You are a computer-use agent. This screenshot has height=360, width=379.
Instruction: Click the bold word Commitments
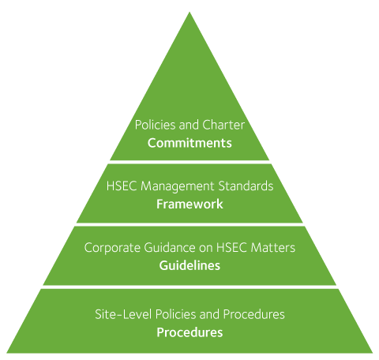coord(189,143)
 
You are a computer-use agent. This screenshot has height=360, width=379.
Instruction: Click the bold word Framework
coord(189,204)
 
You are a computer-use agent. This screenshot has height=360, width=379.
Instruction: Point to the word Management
coord(177,186)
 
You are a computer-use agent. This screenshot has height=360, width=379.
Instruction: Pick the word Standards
coord(246,186)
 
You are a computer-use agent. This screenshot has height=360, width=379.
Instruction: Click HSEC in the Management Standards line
coord(122,186)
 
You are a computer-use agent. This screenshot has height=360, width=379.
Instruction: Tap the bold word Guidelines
coord(189,265)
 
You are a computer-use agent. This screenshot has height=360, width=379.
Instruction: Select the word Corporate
coord(112,248)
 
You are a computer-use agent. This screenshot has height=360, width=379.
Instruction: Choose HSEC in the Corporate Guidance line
coord(231,248)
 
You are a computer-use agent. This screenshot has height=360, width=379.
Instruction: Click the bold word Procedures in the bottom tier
coord(189,332)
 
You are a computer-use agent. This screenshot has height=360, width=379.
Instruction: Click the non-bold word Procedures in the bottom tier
coord(254,314)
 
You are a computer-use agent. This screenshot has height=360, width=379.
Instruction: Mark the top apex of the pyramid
coord(189,12)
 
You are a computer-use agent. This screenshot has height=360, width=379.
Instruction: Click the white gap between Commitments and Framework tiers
coord(189,162)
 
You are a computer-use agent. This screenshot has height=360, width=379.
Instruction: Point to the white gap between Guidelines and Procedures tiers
coord(189,287)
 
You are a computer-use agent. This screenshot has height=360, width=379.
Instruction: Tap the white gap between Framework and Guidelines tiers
coord(189,224)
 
